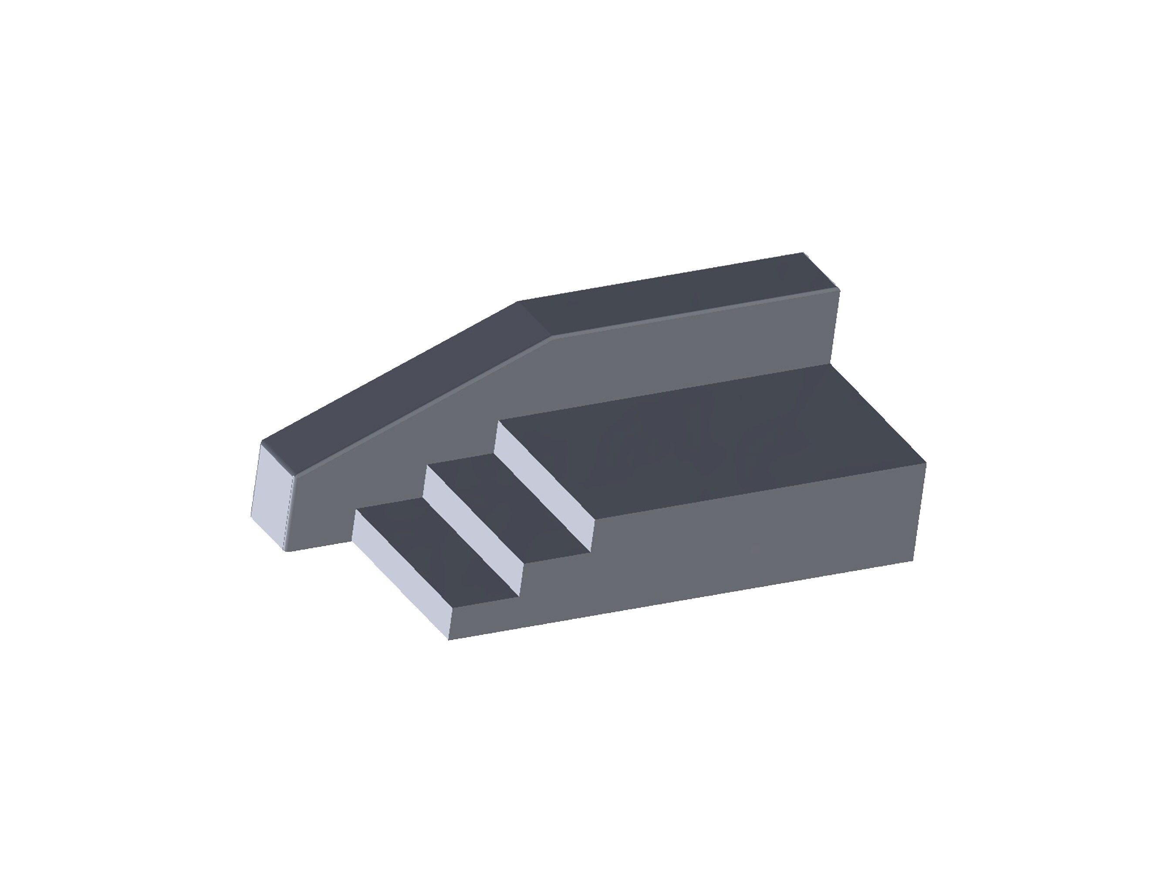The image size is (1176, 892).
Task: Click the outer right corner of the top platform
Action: point(926,463)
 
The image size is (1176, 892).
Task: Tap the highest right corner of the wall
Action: point(803,253)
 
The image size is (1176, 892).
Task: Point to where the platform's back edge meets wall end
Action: point(831,365)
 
